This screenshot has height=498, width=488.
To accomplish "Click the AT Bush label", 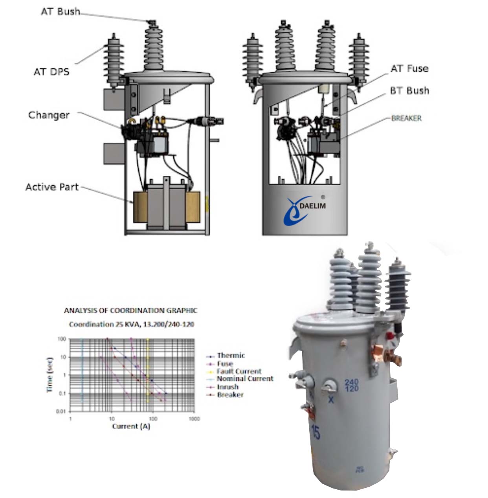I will coord(60,11).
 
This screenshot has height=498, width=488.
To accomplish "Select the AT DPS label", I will coord(51,72).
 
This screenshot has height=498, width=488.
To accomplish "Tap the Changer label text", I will coord(49,115).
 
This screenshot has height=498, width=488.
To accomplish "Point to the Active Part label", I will coord(52,187).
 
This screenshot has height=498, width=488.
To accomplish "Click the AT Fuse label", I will coord(409,69).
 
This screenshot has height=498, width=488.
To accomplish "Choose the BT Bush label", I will coord(409,91).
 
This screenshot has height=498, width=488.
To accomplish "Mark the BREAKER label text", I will coord(406,118).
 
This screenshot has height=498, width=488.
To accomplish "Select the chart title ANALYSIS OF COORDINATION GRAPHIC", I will coord(130,311).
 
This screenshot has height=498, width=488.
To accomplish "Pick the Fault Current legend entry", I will coord(238,371).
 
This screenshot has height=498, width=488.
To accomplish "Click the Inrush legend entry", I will coord(227,387).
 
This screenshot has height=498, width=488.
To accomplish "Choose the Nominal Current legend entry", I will coord(244,379).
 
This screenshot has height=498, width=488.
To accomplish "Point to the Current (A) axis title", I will coord(131,426).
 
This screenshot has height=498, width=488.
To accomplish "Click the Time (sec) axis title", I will coord(50,374).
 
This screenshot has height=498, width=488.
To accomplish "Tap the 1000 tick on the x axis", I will coord(194,419).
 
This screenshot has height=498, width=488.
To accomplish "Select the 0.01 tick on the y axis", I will coord(61,411).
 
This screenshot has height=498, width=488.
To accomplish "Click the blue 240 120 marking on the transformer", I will coord(351,385).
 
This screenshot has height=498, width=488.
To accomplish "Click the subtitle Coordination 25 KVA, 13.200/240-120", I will coord(131,325).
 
